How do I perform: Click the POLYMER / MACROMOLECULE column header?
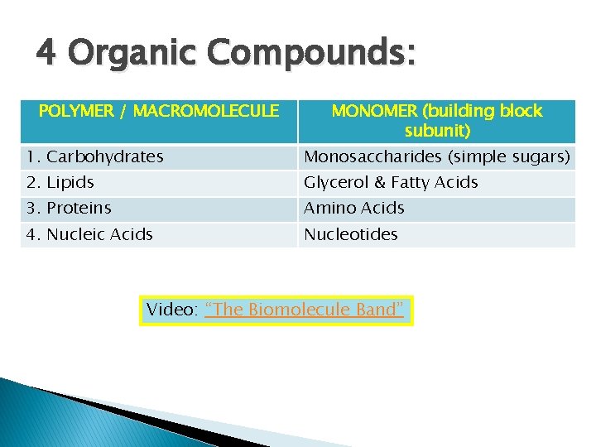tap(159, 111)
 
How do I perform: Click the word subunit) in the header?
tap(437, 131)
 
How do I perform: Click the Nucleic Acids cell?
tap(89, 234)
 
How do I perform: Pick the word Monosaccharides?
tap(373, 156)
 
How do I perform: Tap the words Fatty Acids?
tap(435, 182)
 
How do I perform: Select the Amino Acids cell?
tap(354, 208)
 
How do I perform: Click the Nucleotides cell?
tap(351, 234)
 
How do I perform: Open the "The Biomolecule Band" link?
tap(304, 310)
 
